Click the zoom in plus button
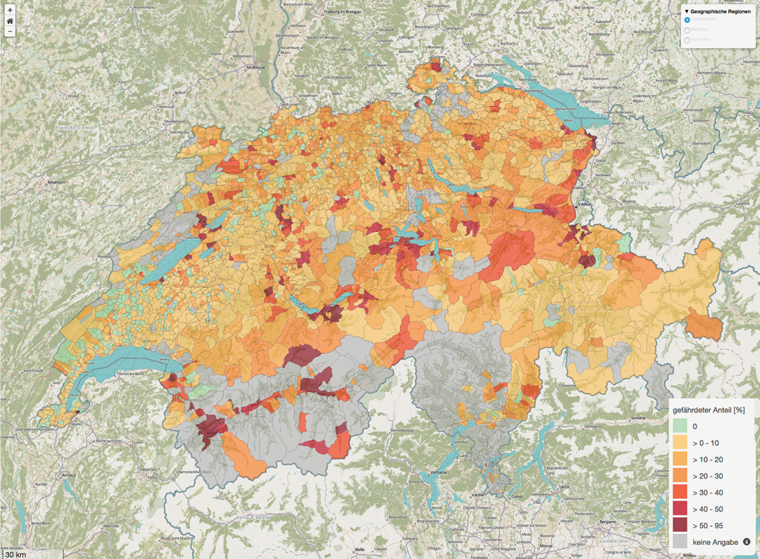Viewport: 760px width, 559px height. [10, 10]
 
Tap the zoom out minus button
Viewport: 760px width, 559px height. [10, 31]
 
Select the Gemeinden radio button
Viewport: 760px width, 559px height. [687, 20]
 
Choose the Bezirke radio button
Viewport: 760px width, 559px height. [687, 30]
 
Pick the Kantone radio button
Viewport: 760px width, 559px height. [687, 40]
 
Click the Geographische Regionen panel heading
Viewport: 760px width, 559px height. [719, 11]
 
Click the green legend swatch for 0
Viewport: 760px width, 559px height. [680, 425]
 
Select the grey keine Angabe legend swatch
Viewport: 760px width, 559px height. [680, 542]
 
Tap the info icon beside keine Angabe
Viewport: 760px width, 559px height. [747, 542]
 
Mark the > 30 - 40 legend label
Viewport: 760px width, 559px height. [707, 492]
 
